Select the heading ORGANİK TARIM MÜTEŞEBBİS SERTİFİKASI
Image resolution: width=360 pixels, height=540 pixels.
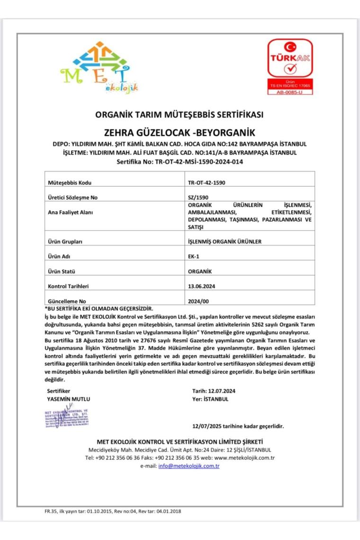tap(179, 115)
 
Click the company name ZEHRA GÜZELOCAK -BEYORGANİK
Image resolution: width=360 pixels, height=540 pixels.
tap(179, 132)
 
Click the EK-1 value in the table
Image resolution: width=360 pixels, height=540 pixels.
tap(193, 256)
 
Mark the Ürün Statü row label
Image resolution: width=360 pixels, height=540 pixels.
tap(63, 271)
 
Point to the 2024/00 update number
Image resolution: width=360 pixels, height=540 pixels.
tap(198, 301)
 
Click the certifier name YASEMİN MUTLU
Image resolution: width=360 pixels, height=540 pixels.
tap(69, 399)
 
